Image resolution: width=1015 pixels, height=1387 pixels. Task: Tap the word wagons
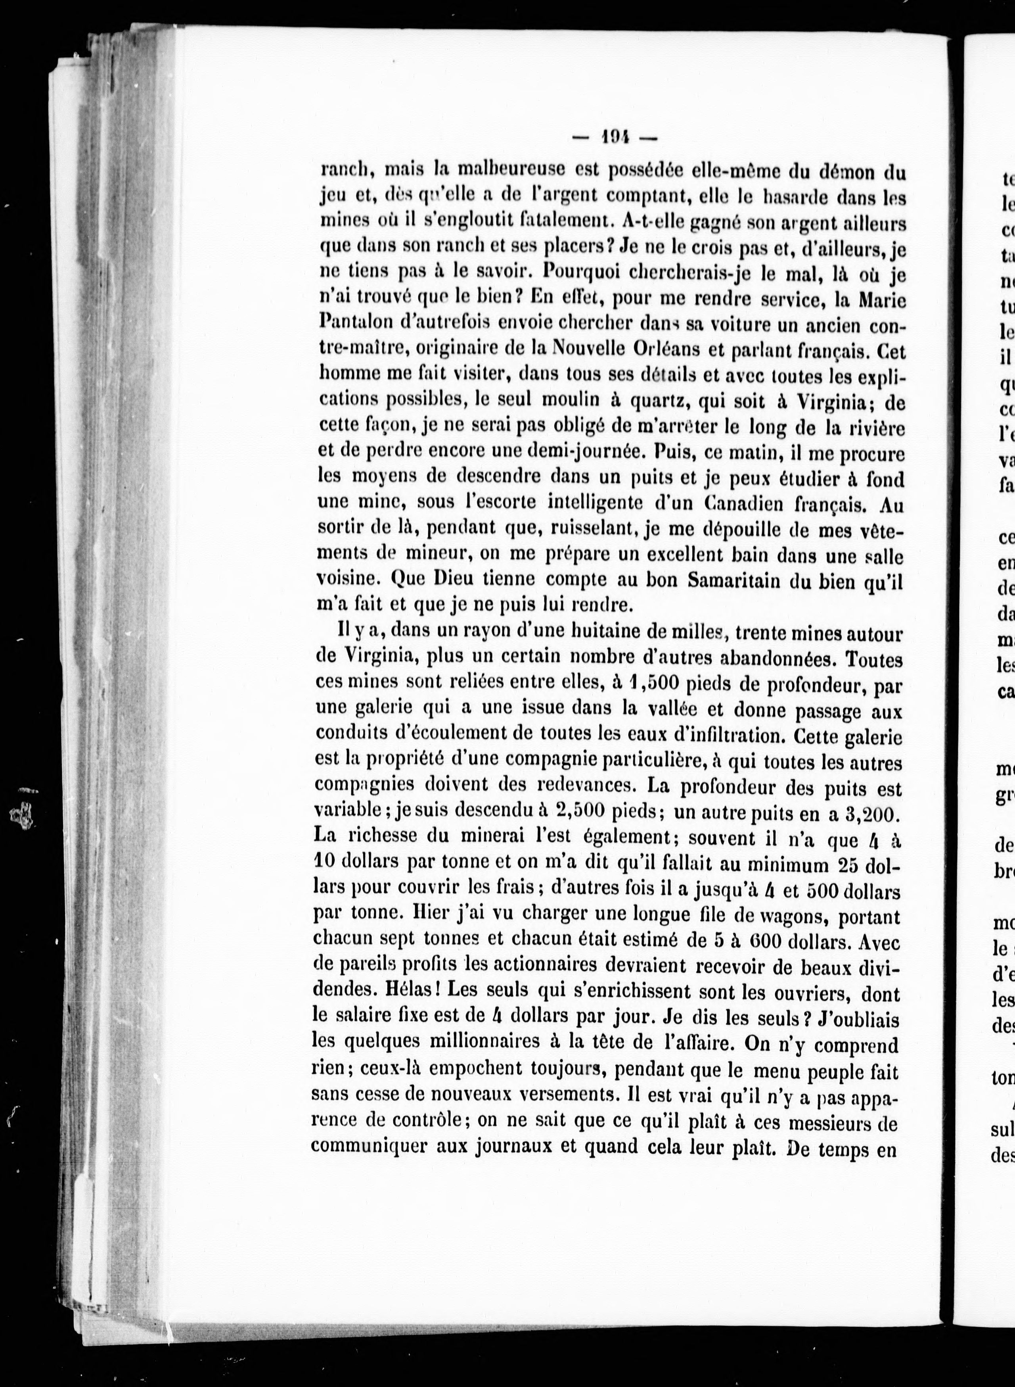(x=790, y=916)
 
